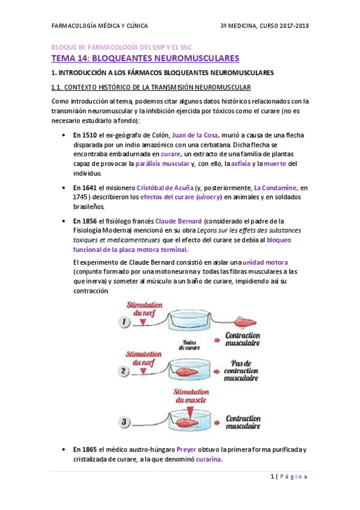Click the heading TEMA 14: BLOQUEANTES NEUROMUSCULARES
click(145, 58)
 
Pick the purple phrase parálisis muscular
click(162, 164)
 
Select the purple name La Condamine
click(275, 188)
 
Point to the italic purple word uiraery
click(210, 197)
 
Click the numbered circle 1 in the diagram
click(125, 323)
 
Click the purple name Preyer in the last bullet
click(186, 450)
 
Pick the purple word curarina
click(206, 459)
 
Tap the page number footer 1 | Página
click(288, 477)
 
